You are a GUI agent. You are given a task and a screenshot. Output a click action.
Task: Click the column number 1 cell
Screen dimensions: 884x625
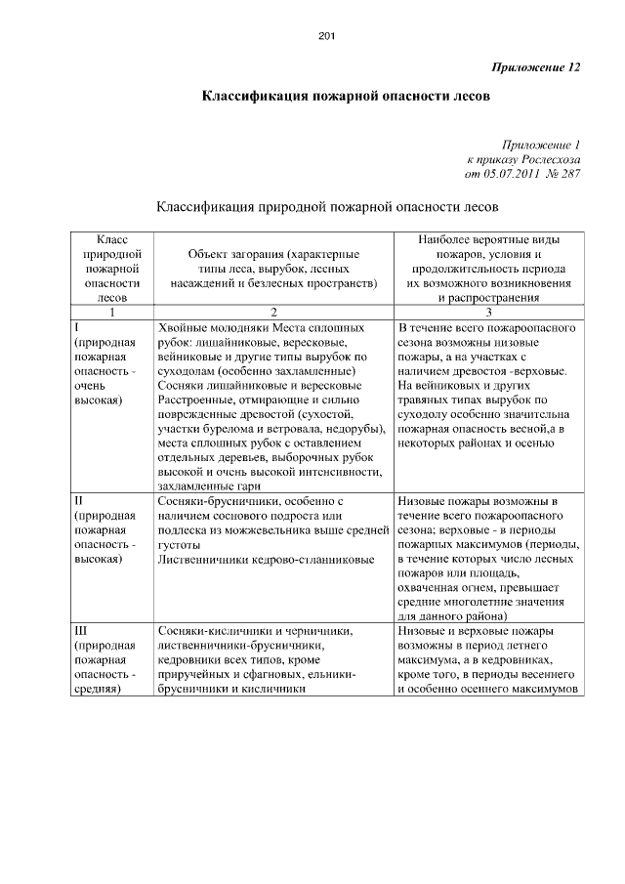pos(111,313)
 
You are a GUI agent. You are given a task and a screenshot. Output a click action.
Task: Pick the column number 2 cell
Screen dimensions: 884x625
pos(273,313)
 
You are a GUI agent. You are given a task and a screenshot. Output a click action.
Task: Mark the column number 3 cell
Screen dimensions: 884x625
pos(488,313)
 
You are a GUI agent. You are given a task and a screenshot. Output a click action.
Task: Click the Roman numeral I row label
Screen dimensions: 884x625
pos(77,328)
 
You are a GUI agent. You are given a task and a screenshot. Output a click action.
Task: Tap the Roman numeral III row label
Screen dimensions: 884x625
pos(82,631)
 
